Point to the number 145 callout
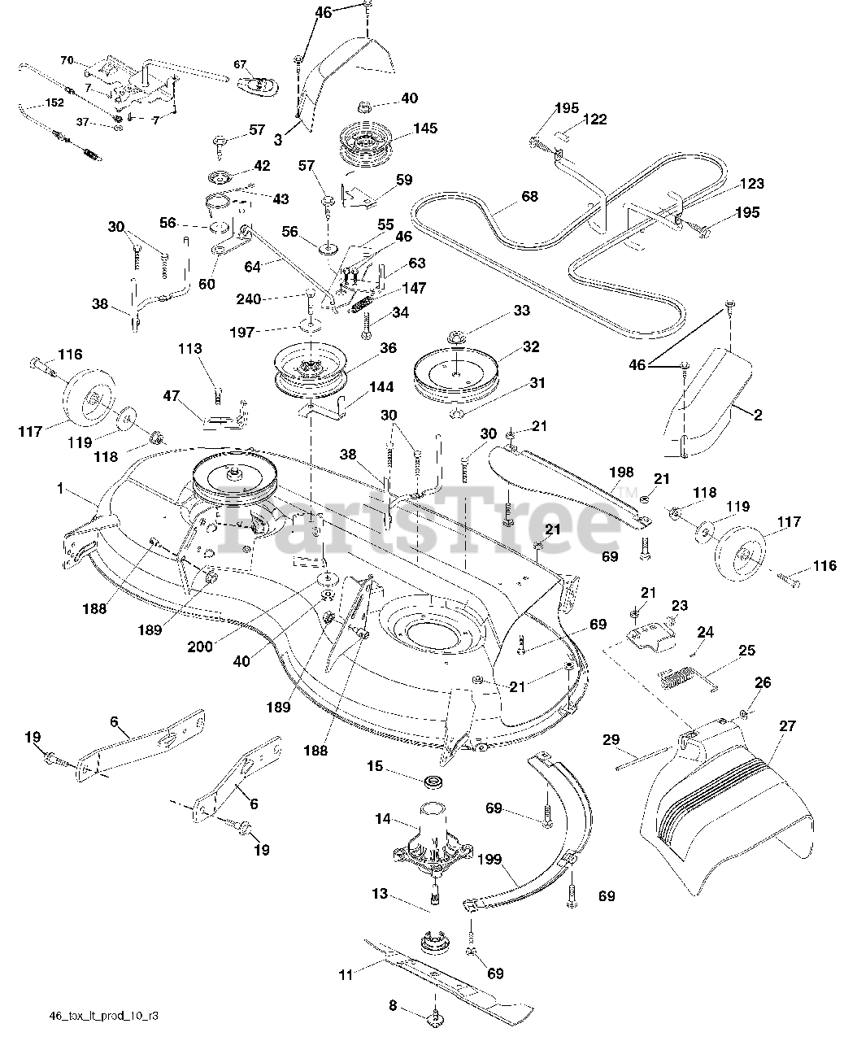(425, 128)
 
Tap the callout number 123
(752, 184)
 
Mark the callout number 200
(200, 647)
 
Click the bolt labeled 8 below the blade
(438, 1014)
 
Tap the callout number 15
(374, 766)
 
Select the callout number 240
(249, 299)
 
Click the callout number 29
(611, 739)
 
